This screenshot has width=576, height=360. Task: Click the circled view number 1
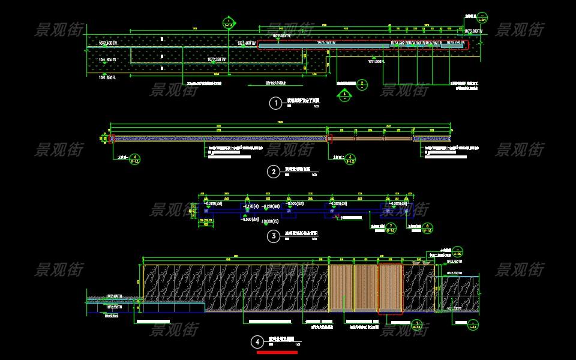(x=275, y=103)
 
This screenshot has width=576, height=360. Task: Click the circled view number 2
(x=274, y=172)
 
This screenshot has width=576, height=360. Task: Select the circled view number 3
(x=274, y=236)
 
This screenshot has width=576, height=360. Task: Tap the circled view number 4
(x=258, y=342)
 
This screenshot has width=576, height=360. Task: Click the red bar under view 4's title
(x=277, y=353)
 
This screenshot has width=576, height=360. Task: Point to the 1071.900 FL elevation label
(x=379, y=61)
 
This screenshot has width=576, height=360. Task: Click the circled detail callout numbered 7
(x=391, y=228)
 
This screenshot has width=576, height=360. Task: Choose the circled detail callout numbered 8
(x=427, y=228)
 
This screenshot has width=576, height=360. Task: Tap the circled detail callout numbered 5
(x=351, y=159)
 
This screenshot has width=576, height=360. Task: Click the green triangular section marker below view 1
(x=344, y=94)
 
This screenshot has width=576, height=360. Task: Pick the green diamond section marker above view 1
(x=228, y=23)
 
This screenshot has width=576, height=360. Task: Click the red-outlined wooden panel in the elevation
(x=391, y=289)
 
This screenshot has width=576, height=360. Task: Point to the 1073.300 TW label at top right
(x=474, y=30)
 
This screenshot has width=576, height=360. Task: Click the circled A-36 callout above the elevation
(x=458, y=251)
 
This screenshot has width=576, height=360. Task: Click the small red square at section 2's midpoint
(x=329, y=139)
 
